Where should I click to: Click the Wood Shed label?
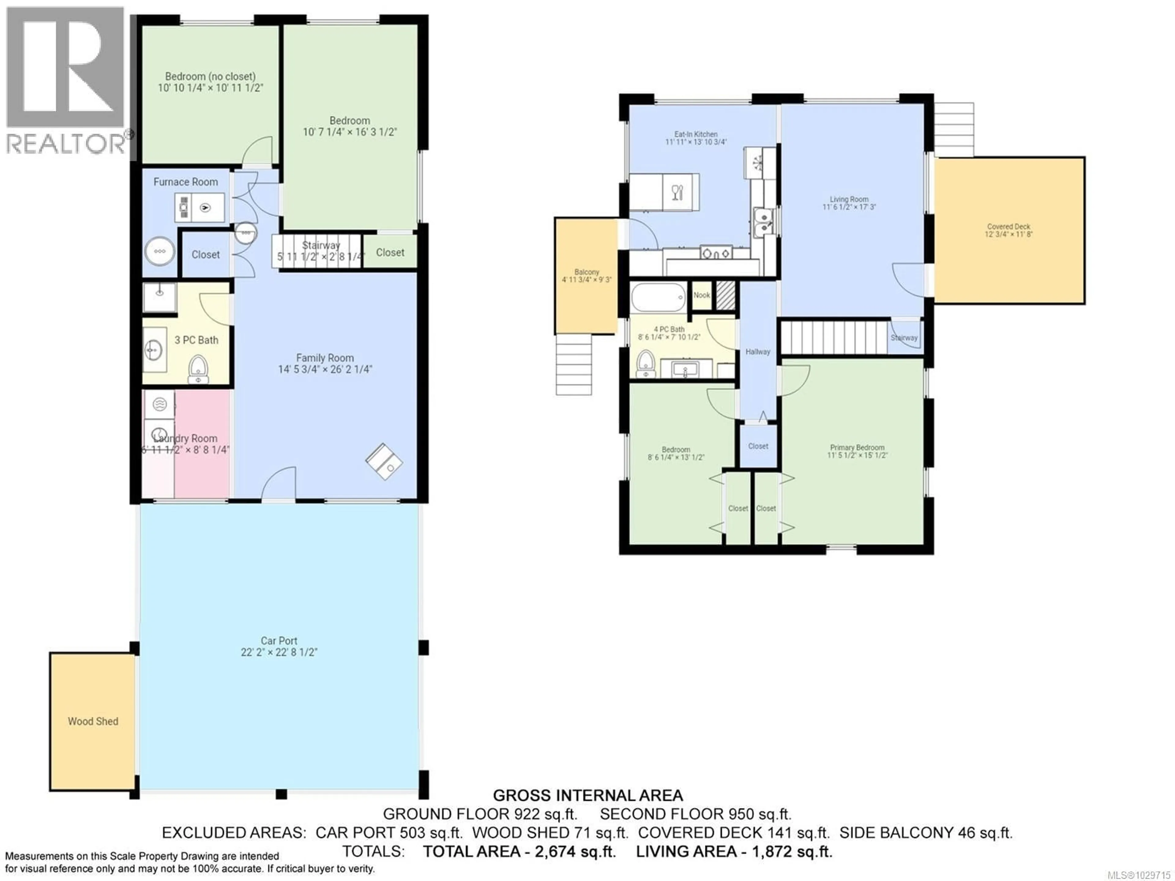pos(93,721)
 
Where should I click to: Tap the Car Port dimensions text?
pos(279,652)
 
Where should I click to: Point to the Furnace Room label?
pos(185,182)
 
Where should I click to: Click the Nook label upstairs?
pos(701,295)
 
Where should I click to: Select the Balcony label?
pos(587,272)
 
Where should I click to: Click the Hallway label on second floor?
pos(758,352)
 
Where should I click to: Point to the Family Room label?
pos(325,358)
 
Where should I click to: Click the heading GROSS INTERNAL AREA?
pos(587,796)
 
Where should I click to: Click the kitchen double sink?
pos(763,222)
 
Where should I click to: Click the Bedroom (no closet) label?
pos(210,77)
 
